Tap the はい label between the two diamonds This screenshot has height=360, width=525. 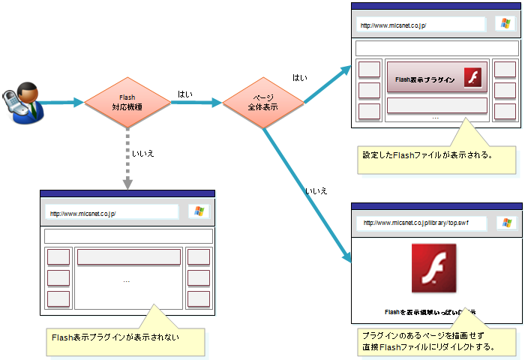184,94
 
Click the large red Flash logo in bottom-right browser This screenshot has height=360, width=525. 434,268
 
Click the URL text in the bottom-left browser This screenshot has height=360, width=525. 82,213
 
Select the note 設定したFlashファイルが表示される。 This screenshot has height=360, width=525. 435,157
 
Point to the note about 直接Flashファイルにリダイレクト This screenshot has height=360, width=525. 435,341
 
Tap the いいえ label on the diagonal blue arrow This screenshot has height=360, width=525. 316,191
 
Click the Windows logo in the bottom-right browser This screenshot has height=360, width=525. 507,223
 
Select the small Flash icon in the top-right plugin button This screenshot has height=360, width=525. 472,78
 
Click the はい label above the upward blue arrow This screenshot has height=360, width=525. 299,78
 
